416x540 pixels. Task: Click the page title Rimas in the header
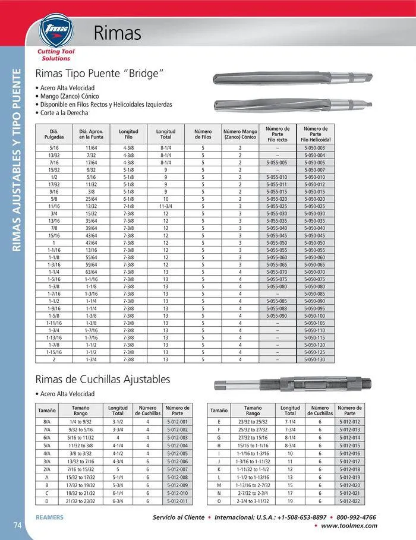pyautogui.click(x=117, y=31)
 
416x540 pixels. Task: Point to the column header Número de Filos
pyautogui.click(x=203, y=134)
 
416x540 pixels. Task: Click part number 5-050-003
pyautogui.click(x=314, y=147)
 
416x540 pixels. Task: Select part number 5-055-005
pyautogui.click(x=277, y=162)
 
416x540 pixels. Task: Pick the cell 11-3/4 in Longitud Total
pyautogui.click(x=166, y=206)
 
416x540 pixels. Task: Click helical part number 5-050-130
pyautogui.click(x=314, y=359)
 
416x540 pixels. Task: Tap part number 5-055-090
pyautogui.click(x=277, y=315)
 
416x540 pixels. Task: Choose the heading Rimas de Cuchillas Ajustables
pyautogui.click(x=103, y=379)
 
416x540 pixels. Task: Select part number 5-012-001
pyautogui.click(x=177, y=421)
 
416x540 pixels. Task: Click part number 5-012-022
pyautogui.click(x=349, y=500)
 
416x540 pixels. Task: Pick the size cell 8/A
pyautogui.click(x=47, y=421)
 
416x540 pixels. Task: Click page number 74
pyautogui.click(x=17, y=524)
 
